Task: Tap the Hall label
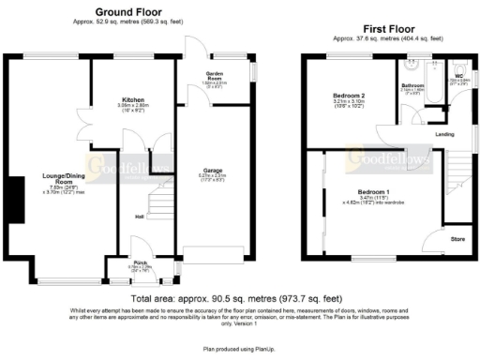[x=138, y=217]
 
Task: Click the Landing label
[x=446, y=133]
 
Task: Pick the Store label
[x=457, y=239]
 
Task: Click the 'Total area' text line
[x=240, y=298]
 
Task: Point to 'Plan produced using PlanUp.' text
[x=240, y=347]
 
